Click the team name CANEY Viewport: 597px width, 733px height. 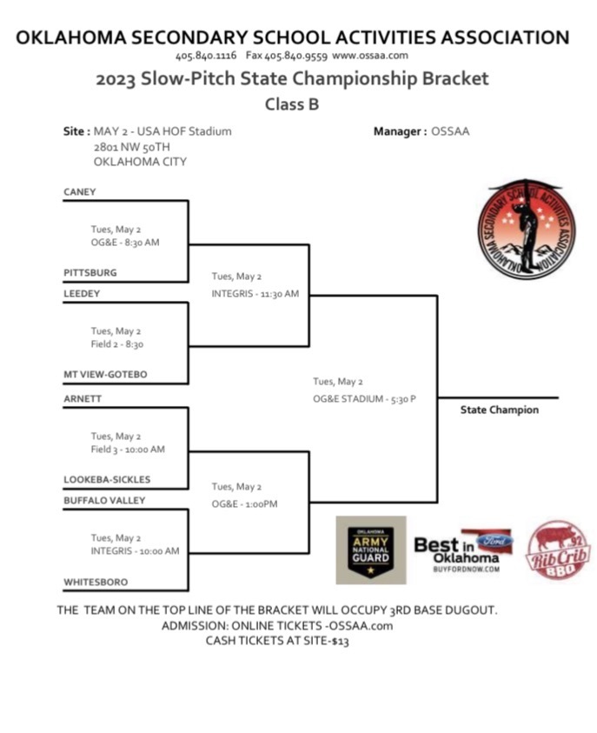80,191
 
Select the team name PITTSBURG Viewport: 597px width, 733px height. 90,272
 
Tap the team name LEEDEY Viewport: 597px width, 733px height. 82,294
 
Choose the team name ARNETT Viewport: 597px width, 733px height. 82,398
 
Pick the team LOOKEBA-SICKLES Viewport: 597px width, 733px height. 107,479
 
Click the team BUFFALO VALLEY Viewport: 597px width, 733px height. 104,501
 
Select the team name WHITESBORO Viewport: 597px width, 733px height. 96,581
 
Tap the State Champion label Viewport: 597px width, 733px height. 499,410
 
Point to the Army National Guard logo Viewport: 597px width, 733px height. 370,550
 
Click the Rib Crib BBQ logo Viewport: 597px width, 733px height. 559,550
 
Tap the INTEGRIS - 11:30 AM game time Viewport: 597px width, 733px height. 255,294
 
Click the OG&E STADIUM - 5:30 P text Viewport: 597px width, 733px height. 364,399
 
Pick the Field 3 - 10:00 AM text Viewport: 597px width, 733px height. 128,450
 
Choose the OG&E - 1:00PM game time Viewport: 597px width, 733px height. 244,504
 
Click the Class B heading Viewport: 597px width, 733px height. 292,104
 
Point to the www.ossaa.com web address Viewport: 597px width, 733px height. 370,56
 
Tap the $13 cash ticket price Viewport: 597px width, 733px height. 340,641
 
